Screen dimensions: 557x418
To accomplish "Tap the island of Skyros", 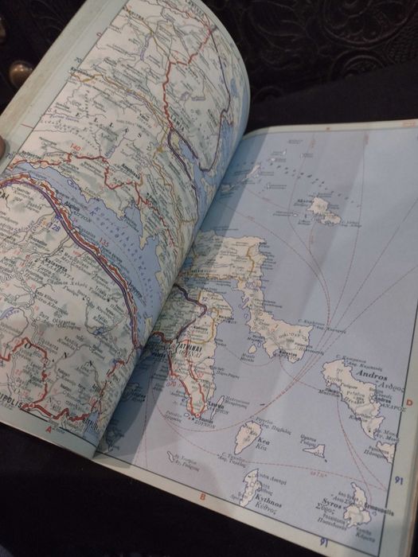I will (325, 211).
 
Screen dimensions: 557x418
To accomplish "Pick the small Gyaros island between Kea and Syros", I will (315, 450).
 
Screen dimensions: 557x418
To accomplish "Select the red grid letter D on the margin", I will (408, 403).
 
